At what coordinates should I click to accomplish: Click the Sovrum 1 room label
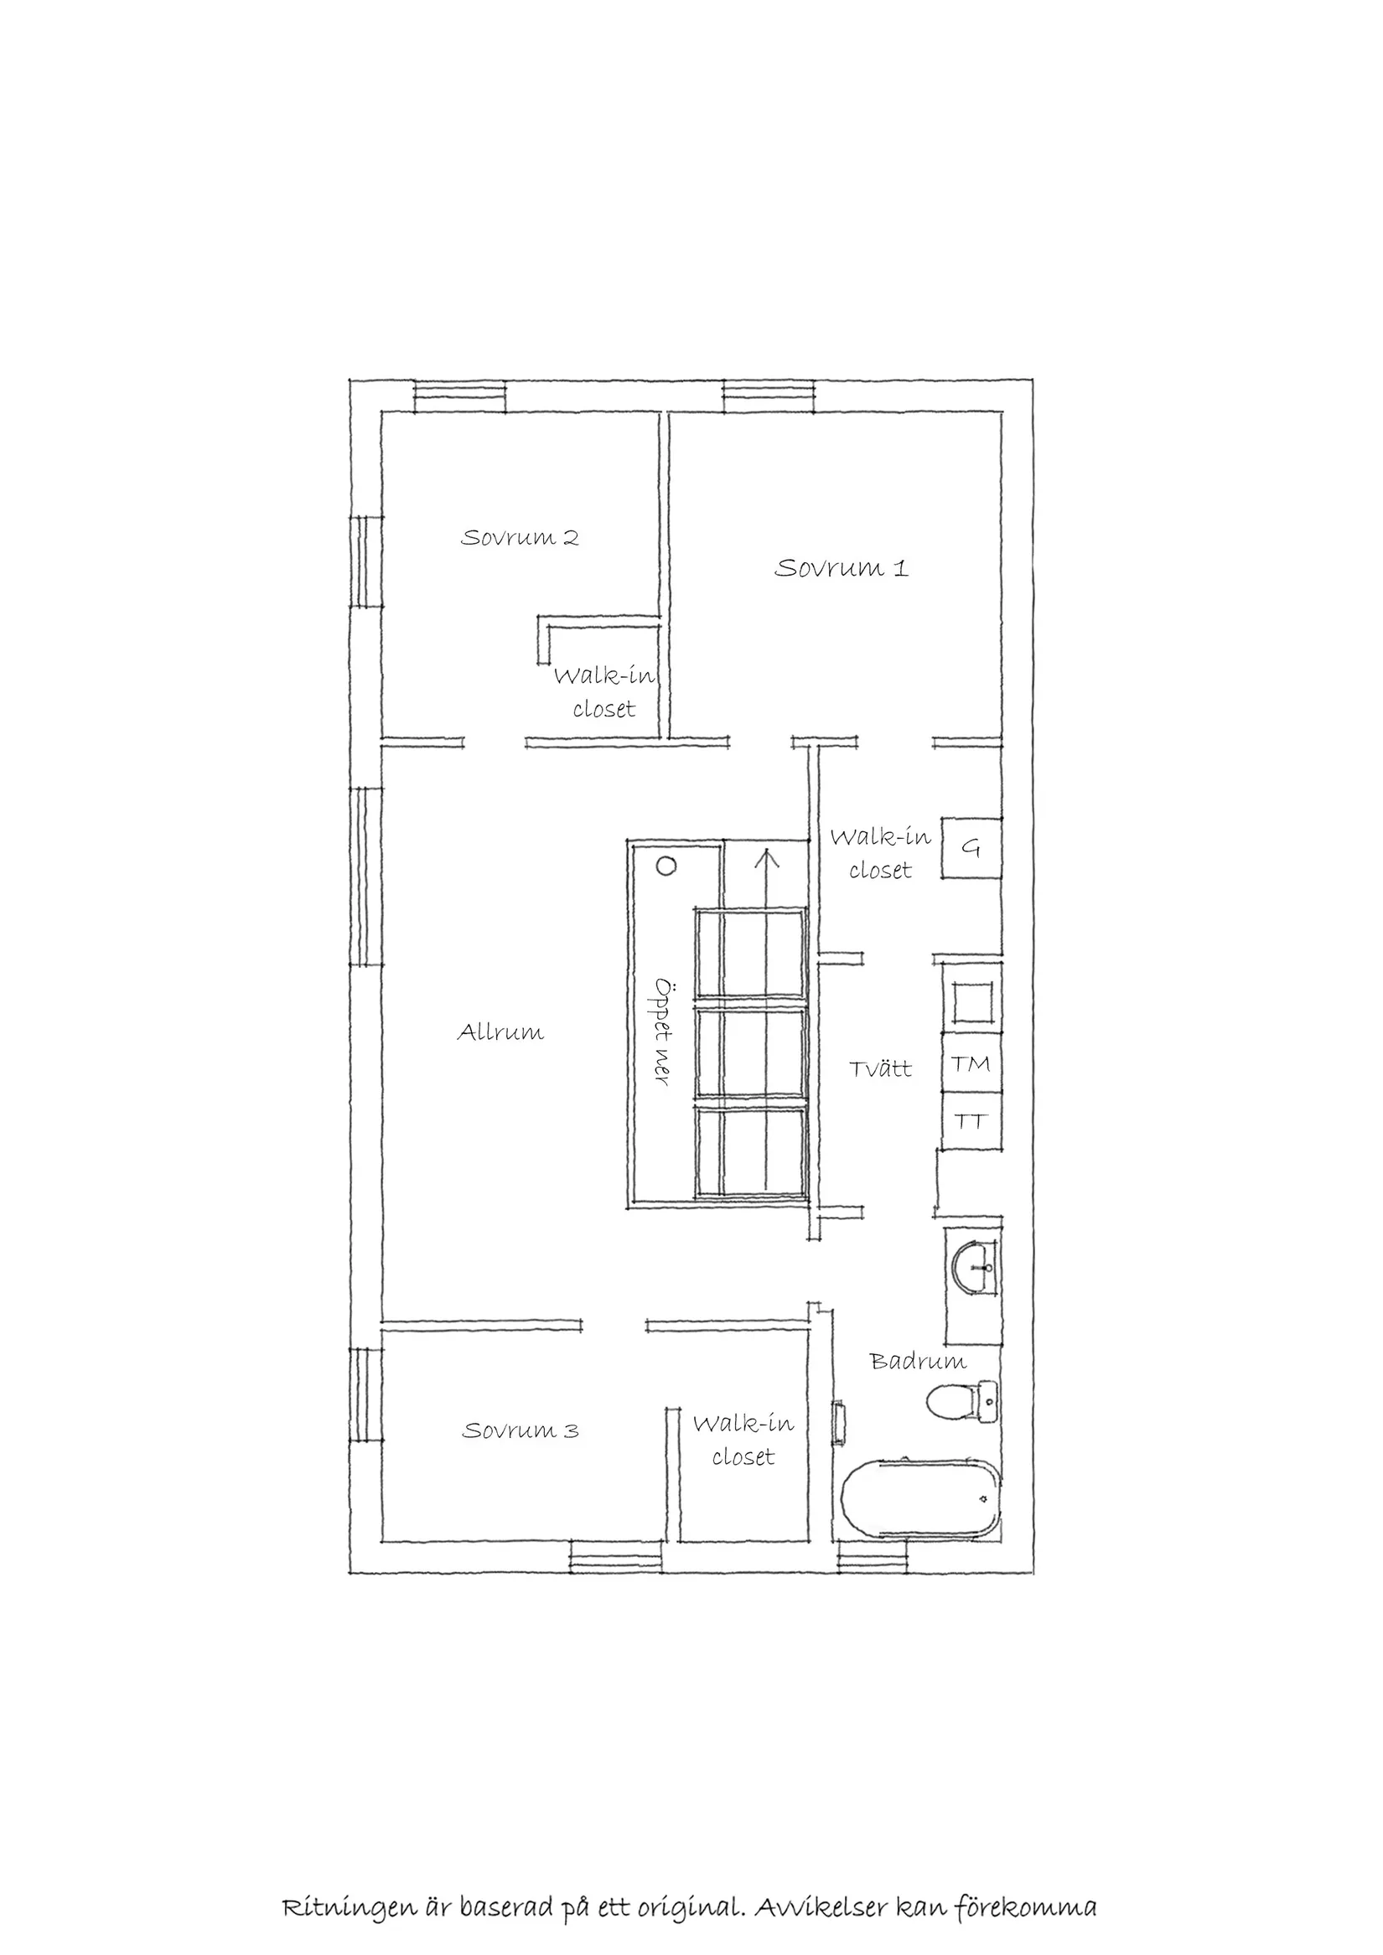[x=841, y=568]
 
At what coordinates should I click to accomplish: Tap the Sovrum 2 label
[x=520, y=538]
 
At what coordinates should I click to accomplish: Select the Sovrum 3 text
[x=521, y=1430]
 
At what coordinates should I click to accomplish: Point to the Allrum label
[x=500, y=1033]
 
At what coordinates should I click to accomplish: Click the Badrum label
[x=917, y=1362]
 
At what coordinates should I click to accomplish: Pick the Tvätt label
[x=881, y=1068]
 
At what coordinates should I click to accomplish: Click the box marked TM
[x=971, y=1063]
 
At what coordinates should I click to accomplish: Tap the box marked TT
[x=971, y=1121]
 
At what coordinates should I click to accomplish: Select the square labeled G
[x=971, y=848]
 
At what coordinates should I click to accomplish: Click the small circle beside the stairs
[x=666, y=866]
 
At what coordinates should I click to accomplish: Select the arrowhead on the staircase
[x=767, y=855]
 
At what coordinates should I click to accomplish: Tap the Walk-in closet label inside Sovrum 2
[x=603, y=692]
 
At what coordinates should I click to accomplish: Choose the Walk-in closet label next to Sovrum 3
[x=743, y=1440]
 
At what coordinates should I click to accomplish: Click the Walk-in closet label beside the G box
[x=881, y=853]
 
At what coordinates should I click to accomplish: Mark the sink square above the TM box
[x=971, y=1002]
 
